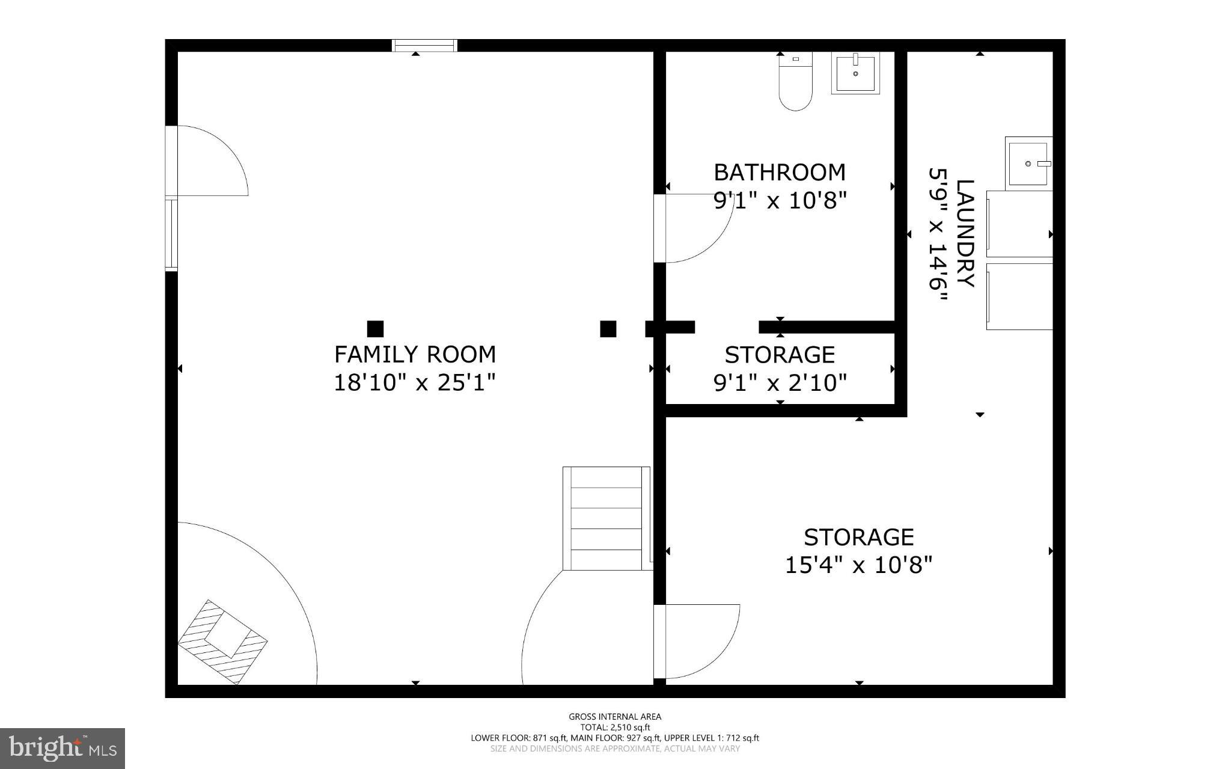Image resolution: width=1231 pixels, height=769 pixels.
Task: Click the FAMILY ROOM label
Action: click(x=415, y=355)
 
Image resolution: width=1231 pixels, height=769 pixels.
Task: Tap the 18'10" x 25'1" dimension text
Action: click(x=415, y=382)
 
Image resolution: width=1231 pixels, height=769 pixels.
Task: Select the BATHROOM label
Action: click(x=780, y=173)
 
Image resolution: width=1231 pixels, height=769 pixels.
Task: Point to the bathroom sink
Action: click(x=855, y=73)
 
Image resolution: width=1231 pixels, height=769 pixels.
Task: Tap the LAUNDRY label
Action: click(x=964, y=233)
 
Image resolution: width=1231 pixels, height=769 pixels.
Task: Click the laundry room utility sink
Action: click(x=1028, y=162)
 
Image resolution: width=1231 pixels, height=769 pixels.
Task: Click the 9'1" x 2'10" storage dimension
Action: click(x=780, y=382)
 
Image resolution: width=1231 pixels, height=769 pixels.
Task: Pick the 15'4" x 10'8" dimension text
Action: click(x=858, y=565)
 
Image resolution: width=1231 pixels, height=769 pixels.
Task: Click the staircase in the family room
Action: click(x=606, y=518)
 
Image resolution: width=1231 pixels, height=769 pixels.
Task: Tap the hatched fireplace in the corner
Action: click(x=223, y=642)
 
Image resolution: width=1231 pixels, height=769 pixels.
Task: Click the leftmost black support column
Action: click(x=375, y=329)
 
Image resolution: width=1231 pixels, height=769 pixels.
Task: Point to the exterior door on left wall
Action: click(x=207, y=161)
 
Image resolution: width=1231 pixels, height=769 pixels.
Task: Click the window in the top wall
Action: click(x=424, y=46)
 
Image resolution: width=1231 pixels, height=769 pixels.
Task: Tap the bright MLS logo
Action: click(x=63, y=748)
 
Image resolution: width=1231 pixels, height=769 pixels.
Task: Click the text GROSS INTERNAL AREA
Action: click(x=615, y=716)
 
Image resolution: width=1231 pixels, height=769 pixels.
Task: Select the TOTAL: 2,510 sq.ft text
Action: click(x=615, y=727)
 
